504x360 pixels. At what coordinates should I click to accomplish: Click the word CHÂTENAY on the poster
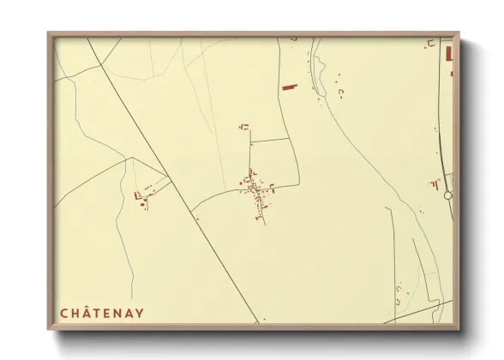(102, 314)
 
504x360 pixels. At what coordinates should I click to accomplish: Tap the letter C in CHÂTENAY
(63, 314)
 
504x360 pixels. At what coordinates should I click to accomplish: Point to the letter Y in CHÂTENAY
(140, 314)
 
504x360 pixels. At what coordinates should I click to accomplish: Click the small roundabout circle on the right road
(447, 195)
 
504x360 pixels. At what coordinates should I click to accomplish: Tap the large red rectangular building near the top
(289, 87)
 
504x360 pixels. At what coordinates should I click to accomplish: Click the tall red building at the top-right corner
(448, 53)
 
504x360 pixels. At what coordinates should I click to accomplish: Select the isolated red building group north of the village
(244, 127)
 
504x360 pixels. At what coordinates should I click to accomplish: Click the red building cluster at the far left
(141, 197)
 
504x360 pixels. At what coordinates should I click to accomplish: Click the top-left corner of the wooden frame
(49, 34)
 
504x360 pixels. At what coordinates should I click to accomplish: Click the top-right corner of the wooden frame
(458, 34)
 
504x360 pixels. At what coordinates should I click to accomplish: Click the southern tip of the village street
(264, 225)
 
